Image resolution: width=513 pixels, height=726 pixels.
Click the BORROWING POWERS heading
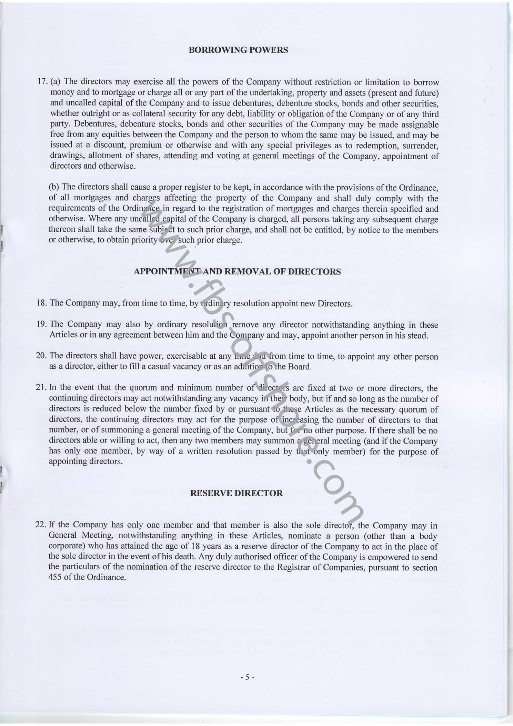coord(238,50)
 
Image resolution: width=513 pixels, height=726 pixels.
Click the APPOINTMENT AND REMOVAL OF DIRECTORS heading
coord(237,271)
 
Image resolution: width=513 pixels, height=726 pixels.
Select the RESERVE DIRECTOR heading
coord(236,493)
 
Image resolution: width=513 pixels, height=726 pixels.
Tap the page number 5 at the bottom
coord(247,677)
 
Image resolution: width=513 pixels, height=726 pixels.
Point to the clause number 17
coord(42,82)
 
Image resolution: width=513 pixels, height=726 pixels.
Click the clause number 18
coord(41,303)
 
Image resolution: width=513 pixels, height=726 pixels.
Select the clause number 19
coord(41,324)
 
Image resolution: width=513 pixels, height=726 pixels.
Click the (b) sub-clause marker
coord(54,187)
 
